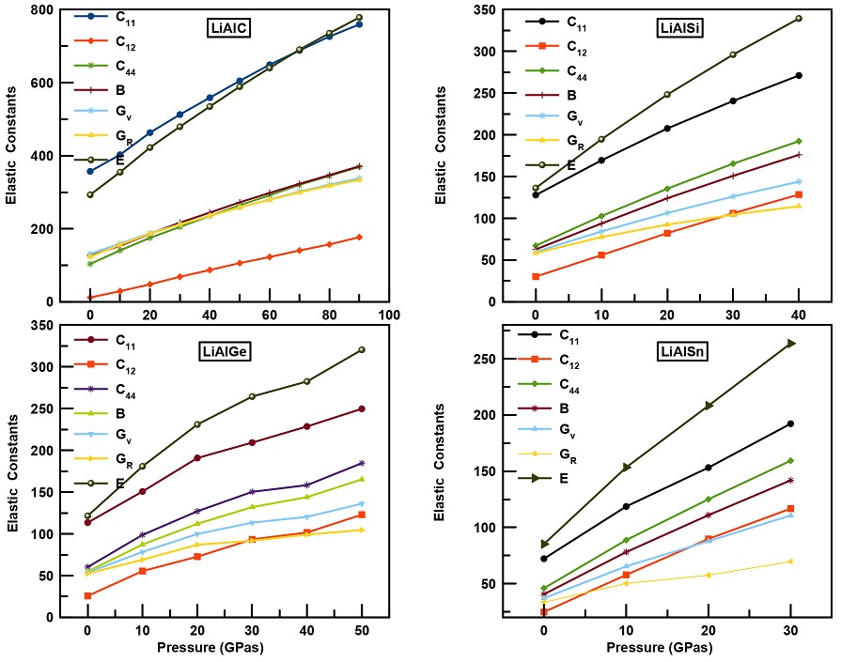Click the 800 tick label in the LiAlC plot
(37, 9)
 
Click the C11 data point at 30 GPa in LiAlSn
(790, 423)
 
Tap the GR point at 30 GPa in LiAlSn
(790, 562)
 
